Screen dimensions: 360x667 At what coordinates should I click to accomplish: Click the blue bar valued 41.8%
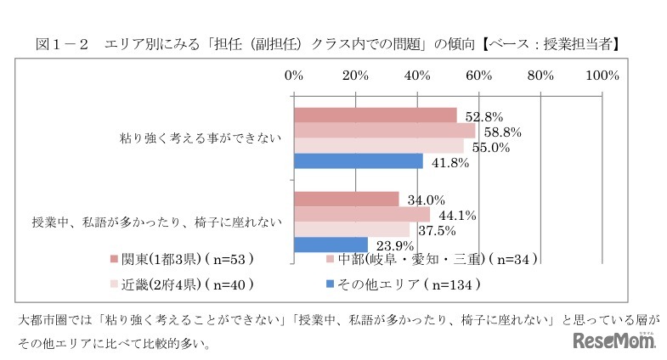358,161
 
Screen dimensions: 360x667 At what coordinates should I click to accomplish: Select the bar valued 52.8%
375,115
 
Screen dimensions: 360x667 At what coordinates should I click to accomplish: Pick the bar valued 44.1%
361,214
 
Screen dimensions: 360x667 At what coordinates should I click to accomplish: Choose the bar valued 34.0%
346,199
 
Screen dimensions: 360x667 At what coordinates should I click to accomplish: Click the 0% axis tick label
294,76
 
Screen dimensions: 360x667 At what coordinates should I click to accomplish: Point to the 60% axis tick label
479,76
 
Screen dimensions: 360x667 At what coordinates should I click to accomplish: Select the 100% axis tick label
602,76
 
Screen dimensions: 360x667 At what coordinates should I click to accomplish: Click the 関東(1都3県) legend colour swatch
113,258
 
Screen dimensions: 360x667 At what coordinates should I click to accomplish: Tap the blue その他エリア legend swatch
330,284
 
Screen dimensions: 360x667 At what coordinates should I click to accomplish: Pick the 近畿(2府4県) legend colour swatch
113,284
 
